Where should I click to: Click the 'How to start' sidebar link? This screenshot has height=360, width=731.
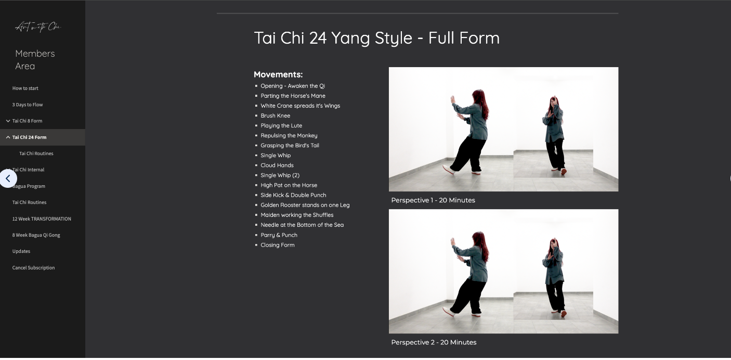click(x=25, y=88)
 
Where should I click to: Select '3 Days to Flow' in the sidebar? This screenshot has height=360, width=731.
click(x=28, y=105)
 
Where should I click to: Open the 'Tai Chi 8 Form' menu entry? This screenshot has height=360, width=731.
click(x=27, y=121)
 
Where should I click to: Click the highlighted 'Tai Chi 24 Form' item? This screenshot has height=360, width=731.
click(x=29, y=137)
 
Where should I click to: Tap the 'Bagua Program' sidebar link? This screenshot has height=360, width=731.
click(x=30, y=186)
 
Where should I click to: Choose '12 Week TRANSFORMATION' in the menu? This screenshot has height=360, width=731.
click(x=42, y=219)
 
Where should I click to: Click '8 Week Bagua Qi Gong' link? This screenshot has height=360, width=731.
click(x=36, y=235)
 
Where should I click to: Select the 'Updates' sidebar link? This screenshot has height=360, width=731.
click(x=21, y=251)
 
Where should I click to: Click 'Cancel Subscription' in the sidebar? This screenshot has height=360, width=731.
click(x=33, y=268)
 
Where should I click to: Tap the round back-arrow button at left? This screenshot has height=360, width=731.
click(x=8, y=178)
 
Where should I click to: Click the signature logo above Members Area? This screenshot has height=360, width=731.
click(x=38, y=27)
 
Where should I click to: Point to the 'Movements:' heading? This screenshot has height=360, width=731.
click(x=278, y=74)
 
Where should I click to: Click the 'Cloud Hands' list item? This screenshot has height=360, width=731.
click(x=277, y=165)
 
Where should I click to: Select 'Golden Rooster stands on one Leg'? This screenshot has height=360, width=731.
click(x=305, y=205)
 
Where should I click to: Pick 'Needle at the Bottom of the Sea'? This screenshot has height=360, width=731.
click(x=302, y=225)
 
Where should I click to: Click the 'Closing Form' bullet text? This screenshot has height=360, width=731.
click(x=277, y=245)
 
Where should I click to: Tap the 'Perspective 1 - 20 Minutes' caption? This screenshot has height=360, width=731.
click(x=433, y=200)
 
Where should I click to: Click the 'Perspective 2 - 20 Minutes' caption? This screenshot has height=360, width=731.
click(x=434, y=342)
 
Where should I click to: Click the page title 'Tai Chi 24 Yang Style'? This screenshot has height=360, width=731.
click(x=376, y=38)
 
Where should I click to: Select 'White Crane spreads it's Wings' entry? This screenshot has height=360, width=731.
click(x=300, y=106)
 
